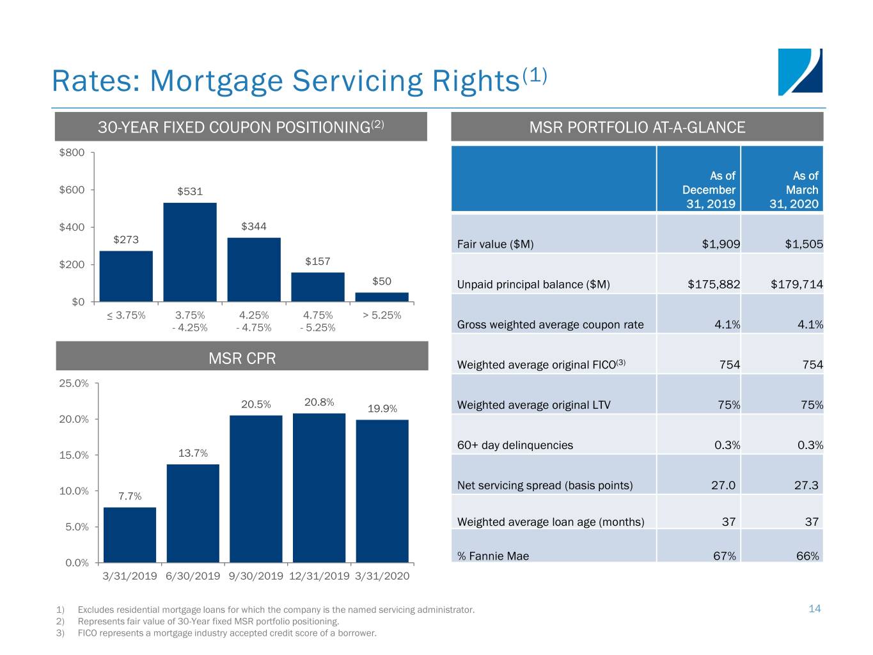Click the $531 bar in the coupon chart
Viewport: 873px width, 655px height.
click(x=190, y=252)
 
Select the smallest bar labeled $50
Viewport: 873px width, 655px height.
click(x=382, y=297)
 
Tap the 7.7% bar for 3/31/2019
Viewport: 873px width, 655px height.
click(x=130, y=535)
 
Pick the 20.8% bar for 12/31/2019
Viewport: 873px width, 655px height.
click(x=319, y=487)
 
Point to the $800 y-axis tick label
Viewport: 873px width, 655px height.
click(x=72, y=152)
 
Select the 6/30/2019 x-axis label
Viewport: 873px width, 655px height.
click(x=193, y=576)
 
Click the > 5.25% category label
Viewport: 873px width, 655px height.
click(x=382, y=315)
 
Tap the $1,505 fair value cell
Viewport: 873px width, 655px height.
click(x=803, y=244)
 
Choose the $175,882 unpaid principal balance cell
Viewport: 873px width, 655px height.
click(x=714, y=284)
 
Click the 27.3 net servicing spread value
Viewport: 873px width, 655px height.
click(x=806, y=485)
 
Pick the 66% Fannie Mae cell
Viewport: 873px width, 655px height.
click(x=807, y=556)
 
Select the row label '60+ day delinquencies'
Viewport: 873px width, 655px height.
click(x=515, y=445)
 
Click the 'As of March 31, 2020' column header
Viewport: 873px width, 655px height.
click(x=795, y=189)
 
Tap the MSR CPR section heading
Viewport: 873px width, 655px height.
click(x=242, y=358)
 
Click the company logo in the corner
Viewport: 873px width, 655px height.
click(x=800, y=72)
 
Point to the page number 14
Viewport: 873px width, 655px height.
click(x=814, y=608)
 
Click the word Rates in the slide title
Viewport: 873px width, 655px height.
click(x=95, y=81)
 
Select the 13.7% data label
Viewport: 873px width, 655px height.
click(x=193, y=453)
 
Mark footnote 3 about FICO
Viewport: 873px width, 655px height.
click(x=227, y=633)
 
